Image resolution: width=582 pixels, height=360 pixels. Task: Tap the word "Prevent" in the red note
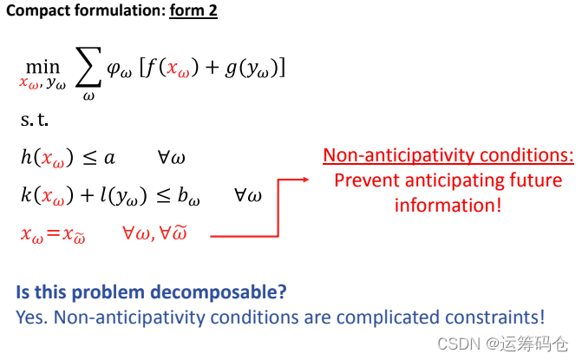365,180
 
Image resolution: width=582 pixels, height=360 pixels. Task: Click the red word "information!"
448,205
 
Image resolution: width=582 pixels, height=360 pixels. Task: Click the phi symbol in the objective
114,69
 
